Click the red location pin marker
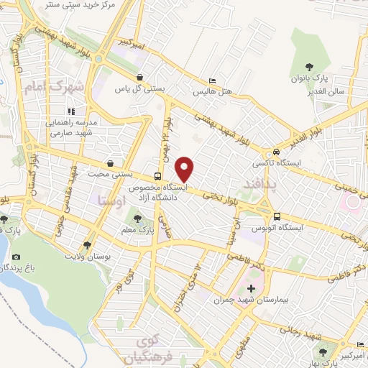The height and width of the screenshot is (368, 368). pyautogui.click(x=185, y=169)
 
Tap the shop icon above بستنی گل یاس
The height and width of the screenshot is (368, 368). pyautogui.click(x=139, y=77)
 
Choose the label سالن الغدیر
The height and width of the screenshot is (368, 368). pyautogui.click(x=330, y=91)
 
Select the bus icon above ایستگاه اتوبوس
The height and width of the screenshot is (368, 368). pyautogui.click(x=277, y=216)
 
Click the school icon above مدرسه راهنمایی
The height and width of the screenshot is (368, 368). pyautogui.click(x=70, y=111)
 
